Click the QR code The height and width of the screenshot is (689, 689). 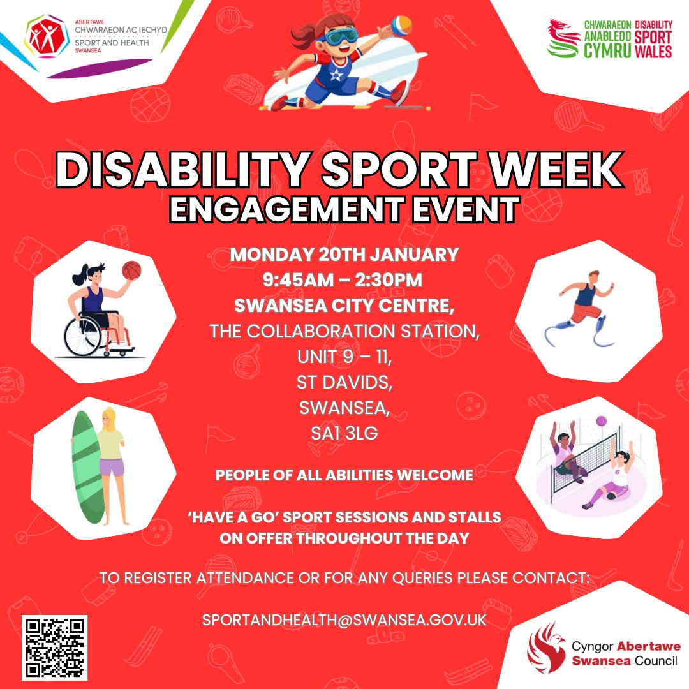tap(55, 648)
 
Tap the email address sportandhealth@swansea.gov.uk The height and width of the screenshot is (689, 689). tap(344, 619)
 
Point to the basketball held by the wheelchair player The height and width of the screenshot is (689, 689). tap(131, 270)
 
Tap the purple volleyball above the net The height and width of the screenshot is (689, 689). tap(601, 420)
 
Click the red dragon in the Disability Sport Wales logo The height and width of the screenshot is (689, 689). tap(564, 38)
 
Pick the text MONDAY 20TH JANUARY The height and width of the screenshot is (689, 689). tap(344, 255)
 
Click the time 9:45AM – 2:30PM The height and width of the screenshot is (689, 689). tap(344, 280)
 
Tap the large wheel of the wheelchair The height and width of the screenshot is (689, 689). tap(82, 336)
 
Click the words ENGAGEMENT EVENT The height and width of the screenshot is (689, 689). tap(344, 210)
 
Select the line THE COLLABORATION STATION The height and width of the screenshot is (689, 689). tap(344, 332)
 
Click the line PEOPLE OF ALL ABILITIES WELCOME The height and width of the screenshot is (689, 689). tap(344, 475)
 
